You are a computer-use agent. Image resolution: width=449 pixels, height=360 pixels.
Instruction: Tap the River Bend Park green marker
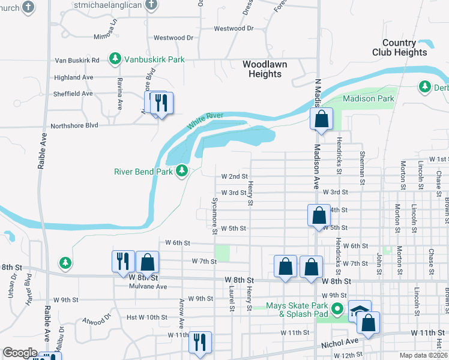182,172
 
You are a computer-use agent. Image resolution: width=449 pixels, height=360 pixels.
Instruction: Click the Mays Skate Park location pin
338,310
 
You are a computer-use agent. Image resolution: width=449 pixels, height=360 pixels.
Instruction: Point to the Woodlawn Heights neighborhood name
265,69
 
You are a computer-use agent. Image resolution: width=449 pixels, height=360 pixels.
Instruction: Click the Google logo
20,353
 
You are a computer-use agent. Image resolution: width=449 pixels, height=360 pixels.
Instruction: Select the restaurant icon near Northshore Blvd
160,103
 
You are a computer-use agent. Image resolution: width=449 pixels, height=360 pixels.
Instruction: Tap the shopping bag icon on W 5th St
319,215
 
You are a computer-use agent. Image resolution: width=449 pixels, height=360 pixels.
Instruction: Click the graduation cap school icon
359,311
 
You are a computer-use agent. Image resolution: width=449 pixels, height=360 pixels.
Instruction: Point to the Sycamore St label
214,215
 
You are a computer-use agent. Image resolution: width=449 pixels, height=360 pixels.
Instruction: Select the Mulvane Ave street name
147,286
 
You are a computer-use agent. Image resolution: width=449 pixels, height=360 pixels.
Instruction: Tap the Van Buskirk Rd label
77,61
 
